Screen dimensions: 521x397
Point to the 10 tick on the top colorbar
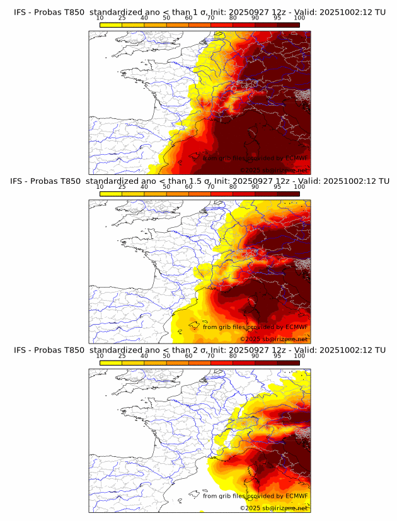pos(100,18)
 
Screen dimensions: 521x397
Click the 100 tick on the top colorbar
pos(299,18)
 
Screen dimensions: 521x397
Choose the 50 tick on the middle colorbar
pos(166,187)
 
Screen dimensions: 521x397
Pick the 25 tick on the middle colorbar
pos(122,187)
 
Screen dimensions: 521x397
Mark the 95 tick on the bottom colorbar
pos(277,356)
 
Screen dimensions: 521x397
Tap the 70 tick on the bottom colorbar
pos(211,356)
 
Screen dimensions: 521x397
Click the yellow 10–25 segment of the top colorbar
pos(111,25)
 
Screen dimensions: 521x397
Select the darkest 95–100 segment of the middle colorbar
pos(288,194)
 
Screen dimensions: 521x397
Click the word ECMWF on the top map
pos(296,158)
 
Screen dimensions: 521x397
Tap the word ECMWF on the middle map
pos(296,327)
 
